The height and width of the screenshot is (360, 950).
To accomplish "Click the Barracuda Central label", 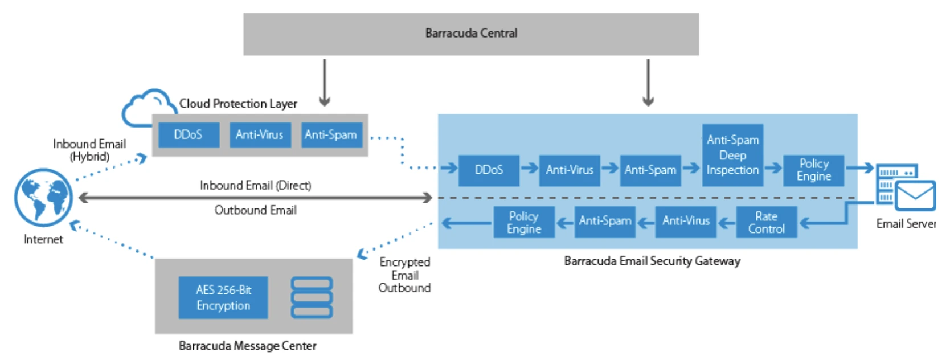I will (471, 33).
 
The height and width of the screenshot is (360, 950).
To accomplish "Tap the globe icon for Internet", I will (43, 198).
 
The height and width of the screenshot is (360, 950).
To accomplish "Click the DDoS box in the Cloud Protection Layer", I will (188, 135).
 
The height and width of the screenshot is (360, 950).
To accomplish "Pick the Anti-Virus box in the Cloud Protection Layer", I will (260, 135).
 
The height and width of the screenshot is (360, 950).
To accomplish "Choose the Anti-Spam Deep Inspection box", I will (732, 155).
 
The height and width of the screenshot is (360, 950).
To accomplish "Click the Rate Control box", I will (766, 222).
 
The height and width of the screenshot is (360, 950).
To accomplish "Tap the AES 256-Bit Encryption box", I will (223, 297).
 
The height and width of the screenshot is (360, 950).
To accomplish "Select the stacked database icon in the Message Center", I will (312, 297).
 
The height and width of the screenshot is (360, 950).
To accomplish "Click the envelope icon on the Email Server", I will (915, 196).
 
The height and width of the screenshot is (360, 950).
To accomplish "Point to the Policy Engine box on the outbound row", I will (524, 222).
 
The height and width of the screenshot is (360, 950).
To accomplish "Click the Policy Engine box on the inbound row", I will (813, 170).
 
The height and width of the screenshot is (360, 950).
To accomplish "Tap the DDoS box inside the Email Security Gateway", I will (489, 170).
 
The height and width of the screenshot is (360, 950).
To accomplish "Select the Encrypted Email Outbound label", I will (405, 275).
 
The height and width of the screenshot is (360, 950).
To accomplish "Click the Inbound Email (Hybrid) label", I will (89, 150).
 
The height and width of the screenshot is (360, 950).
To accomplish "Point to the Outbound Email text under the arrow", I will (255, 210).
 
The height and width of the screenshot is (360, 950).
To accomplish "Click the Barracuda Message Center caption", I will (247, 346).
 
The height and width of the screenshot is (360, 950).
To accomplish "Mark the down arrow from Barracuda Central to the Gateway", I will (648, 83).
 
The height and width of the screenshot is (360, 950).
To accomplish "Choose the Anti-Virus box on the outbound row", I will (686, 221).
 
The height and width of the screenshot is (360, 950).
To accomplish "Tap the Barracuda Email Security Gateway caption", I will (652, 261).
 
